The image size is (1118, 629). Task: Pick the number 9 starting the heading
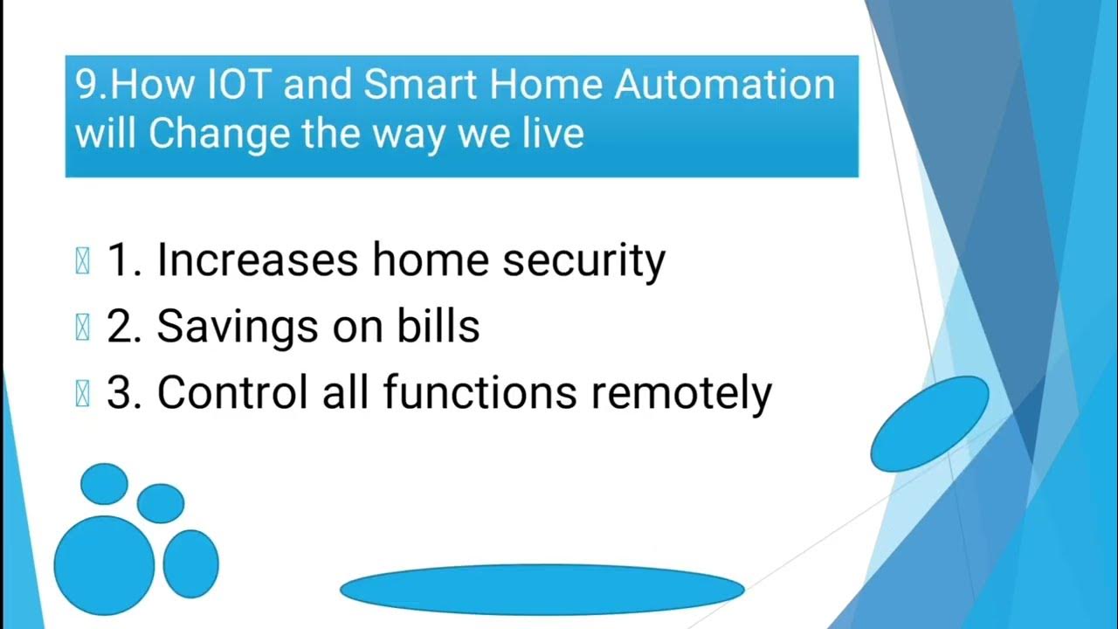(x=86, y=86)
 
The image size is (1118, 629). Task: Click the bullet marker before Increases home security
(x=83, y=261)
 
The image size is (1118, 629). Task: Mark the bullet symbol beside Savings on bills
(x=83, y=327)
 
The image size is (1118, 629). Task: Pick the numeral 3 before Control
(x=118, y=393)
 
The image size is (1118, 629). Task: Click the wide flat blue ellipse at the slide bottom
(x=542, y=590)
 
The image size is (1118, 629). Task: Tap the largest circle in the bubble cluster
(x=105, y=565)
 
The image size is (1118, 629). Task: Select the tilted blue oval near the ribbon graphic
(x=930, y=424)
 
